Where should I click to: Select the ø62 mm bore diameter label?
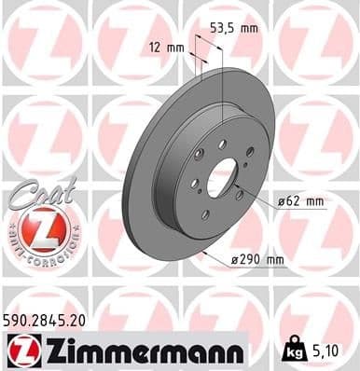coord(299,199)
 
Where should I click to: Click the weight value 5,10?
coord(325,351)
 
